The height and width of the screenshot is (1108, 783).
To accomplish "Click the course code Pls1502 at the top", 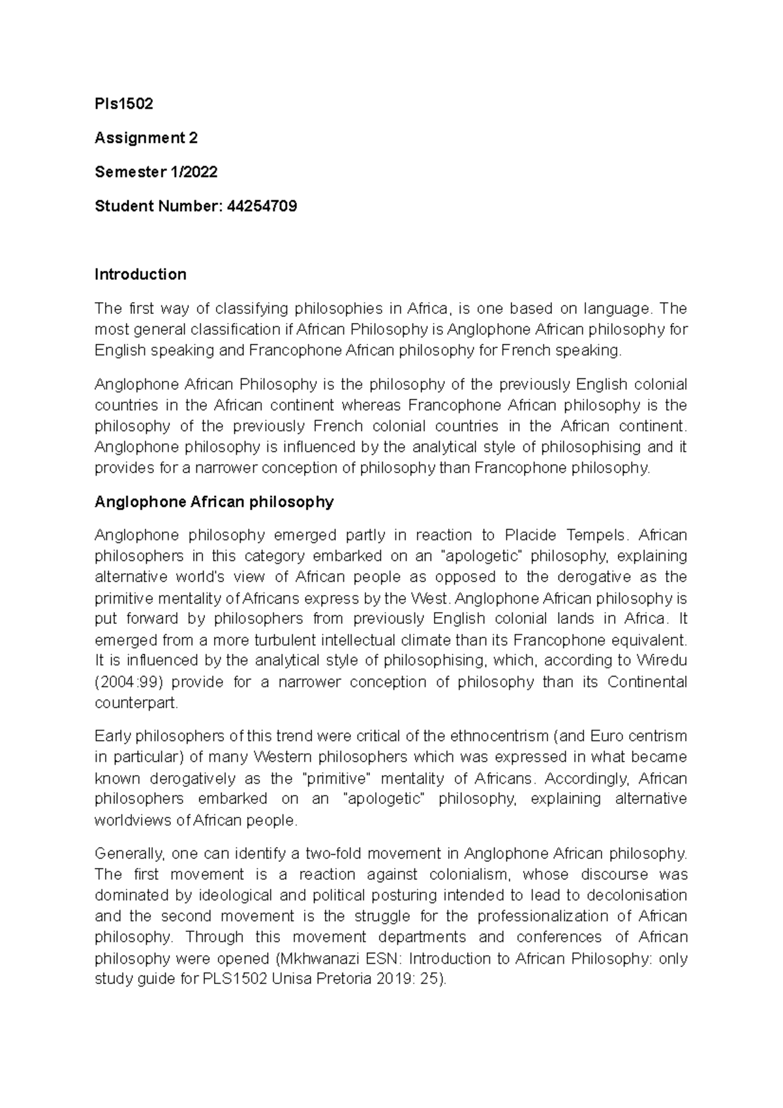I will coord(124,104).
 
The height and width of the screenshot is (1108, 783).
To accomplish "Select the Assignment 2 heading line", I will coord(146,138).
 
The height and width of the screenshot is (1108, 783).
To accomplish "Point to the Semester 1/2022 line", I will coord(156,172).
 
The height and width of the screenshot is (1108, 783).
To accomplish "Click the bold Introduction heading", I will coord(140,274).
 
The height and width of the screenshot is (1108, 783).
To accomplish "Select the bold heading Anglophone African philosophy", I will coord(214,502).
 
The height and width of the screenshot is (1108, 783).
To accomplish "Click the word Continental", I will coord(647,683).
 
